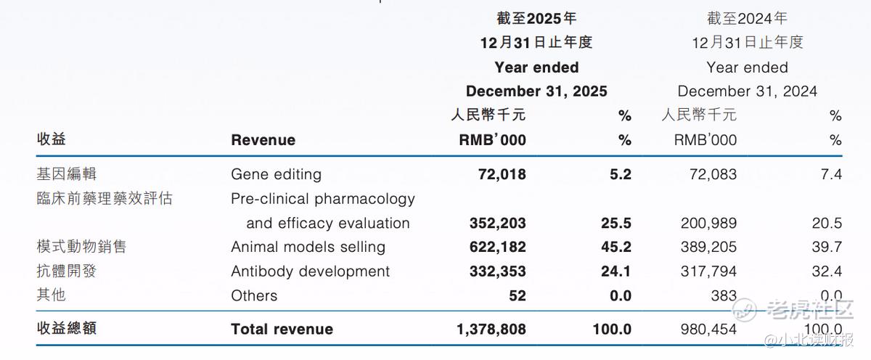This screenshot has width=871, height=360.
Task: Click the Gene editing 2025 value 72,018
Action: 502,175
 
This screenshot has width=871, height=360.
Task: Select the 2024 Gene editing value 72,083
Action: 713,175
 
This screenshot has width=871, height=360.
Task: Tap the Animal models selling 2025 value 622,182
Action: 498,247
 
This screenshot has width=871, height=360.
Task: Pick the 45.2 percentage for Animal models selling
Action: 616,247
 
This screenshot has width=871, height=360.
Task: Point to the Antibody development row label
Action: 311,271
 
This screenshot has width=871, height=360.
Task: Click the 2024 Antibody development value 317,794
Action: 708,271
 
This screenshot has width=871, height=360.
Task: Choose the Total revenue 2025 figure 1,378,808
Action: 491,330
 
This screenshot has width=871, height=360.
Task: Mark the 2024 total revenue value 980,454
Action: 708,330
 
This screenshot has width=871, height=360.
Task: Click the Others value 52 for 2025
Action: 518,296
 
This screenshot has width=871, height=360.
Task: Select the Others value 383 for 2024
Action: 724,296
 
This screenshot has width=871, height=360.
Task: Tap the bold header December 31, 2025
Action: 536,91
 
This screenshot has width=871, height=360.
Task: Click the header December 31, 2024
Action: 748,91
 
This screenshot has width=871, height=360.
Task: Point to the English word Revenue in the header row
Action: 263,140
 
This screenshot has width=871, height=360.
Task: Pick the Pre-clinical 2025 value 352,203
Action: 498,223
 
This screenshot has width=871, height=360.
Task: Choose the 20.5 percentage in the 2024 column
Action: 827,223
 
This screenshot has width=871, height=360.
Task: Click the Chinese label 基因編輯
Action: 66,173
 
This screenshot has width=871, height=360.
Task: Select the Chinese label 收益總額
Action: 67,329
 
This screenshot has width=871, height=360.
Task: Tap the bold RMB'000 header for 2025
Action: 492,140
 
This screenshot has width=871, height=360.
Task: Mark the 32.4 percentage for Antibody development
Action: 827,271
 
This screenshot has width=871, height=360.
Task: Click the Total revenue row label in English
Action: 282,330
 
